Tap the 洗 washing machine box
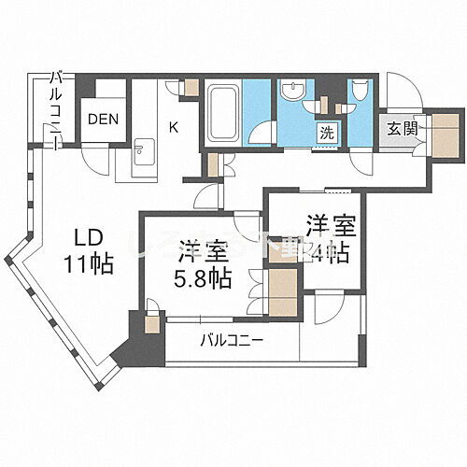[x=328, y=132]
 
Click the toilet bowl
[x=360, y=93]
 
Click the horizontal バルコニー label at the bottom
[x=231, y=340]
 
